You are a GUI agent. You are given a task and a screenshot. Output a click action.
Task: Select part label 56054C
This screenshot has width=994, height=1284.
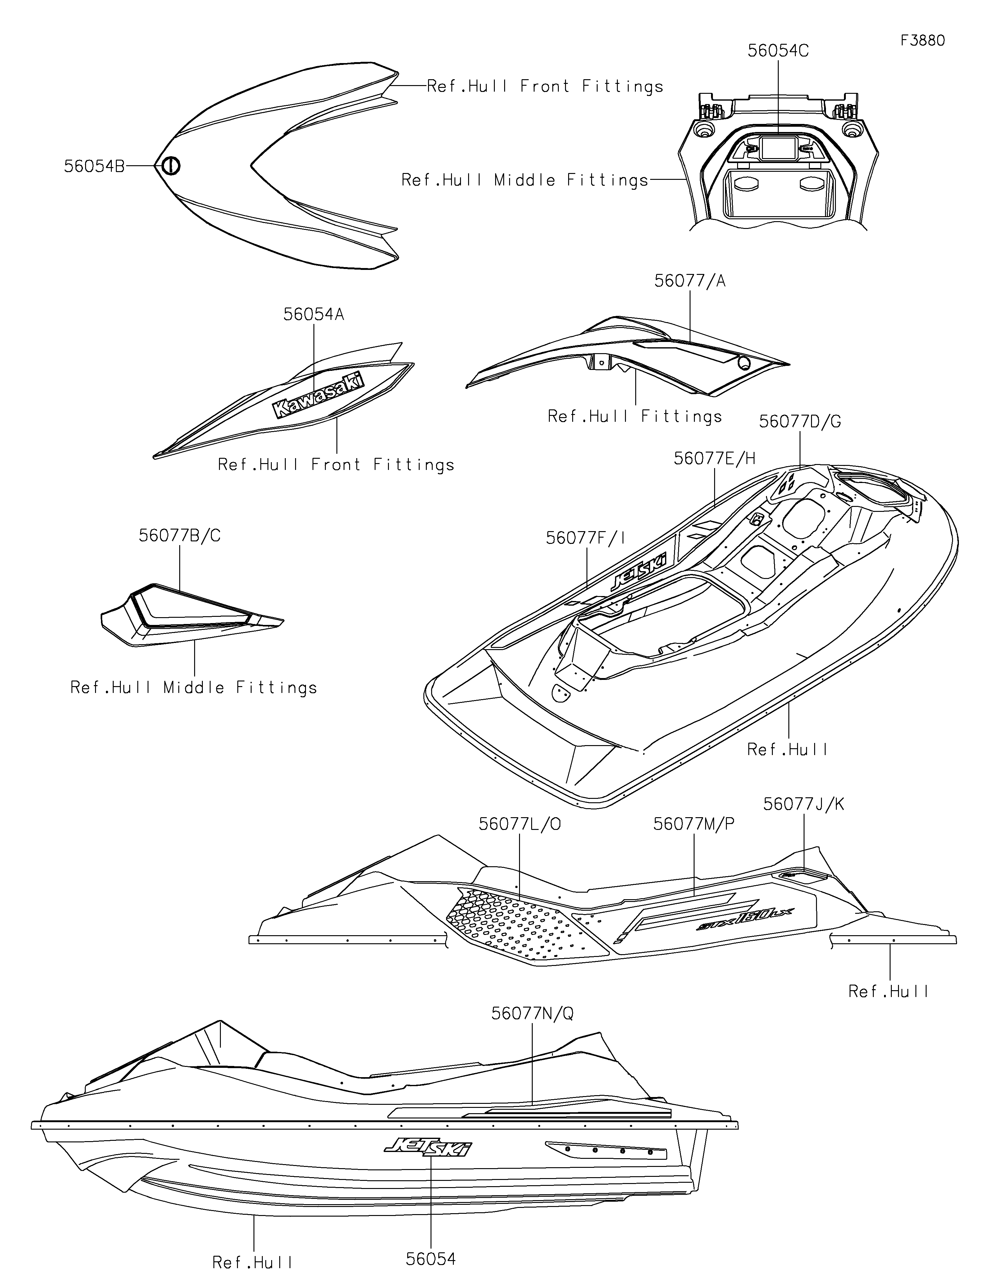pos(778,51)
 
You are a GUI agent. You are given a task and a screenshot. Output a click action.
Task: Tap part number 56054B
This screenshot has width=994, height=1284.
pos(94,167)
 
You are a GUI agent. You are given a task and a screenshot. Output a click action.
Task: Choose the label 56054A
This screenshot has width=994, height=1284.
pos(313,315)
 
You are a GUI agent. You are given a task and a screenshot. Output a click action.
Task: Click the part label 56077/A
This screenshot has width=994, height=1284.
pos(690,282)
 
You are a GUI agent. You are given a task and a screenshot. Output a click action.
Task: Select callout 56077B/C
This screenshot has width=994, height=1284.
pos(179,535)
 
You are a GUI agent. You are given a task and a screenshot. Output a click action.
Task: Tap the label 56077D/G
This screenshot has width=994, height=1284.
pos(800,421)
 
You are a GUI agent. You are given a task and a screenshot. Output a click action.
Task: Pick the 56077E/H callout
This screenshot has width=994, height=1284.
pos(714,458)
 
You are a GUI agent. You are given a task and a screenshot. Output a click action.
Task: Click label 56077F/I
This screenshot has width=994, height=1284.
pos(586,538)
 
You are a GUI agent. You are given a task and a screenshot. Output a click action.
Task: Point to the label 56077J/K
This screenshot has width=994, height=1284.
pos(804,804)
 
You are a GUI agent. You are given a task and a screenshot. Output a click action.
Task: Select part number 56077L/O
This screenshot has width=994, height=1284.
pos(520,824)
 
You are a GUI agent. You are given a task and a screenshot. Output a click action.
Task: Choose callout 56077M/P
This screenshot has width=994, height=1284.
pos(694,824)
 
